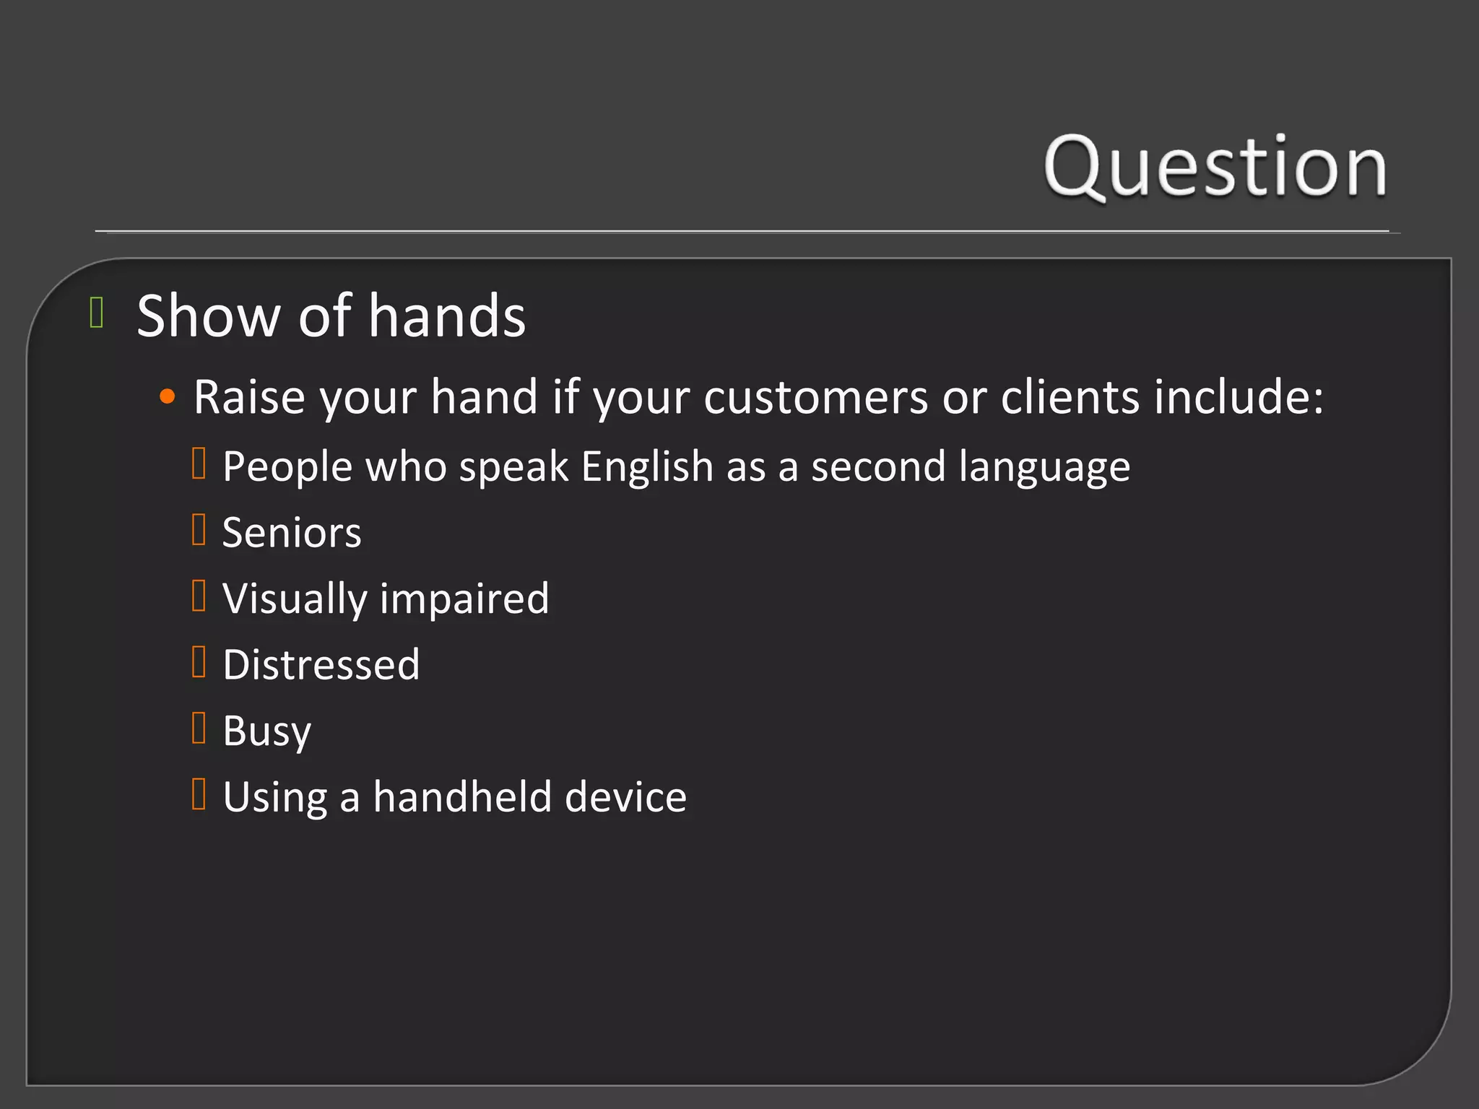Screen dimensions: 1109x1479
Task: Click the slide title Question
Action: point(1215,167)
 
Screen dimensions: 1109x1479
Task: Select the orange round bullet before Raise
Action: point(168,396)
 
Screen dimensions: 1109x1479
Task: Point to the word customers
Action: point(815,397)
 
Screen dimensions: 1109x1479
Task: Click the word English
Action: point(647,466)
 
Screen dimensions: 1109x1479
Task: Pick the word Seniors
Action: point(292,533)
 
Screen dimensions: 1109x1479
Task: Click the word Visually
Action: point(295,599)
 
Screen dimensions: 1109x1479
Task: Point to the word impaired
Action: point(464,599)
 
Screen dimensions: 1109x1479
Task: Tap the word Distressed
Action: point(321,665)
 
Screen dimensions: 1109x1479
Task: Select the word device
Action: point(625,797)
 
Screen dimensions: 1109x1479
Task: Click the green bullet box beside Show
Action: point(97,313)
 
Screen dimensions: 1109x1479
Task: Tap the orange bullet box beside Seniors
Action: point(199,529)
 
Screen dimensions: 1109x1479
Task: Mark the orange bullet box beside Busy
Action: point(199,728)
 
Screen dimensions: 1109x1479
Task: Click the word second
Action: point(877,466)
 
